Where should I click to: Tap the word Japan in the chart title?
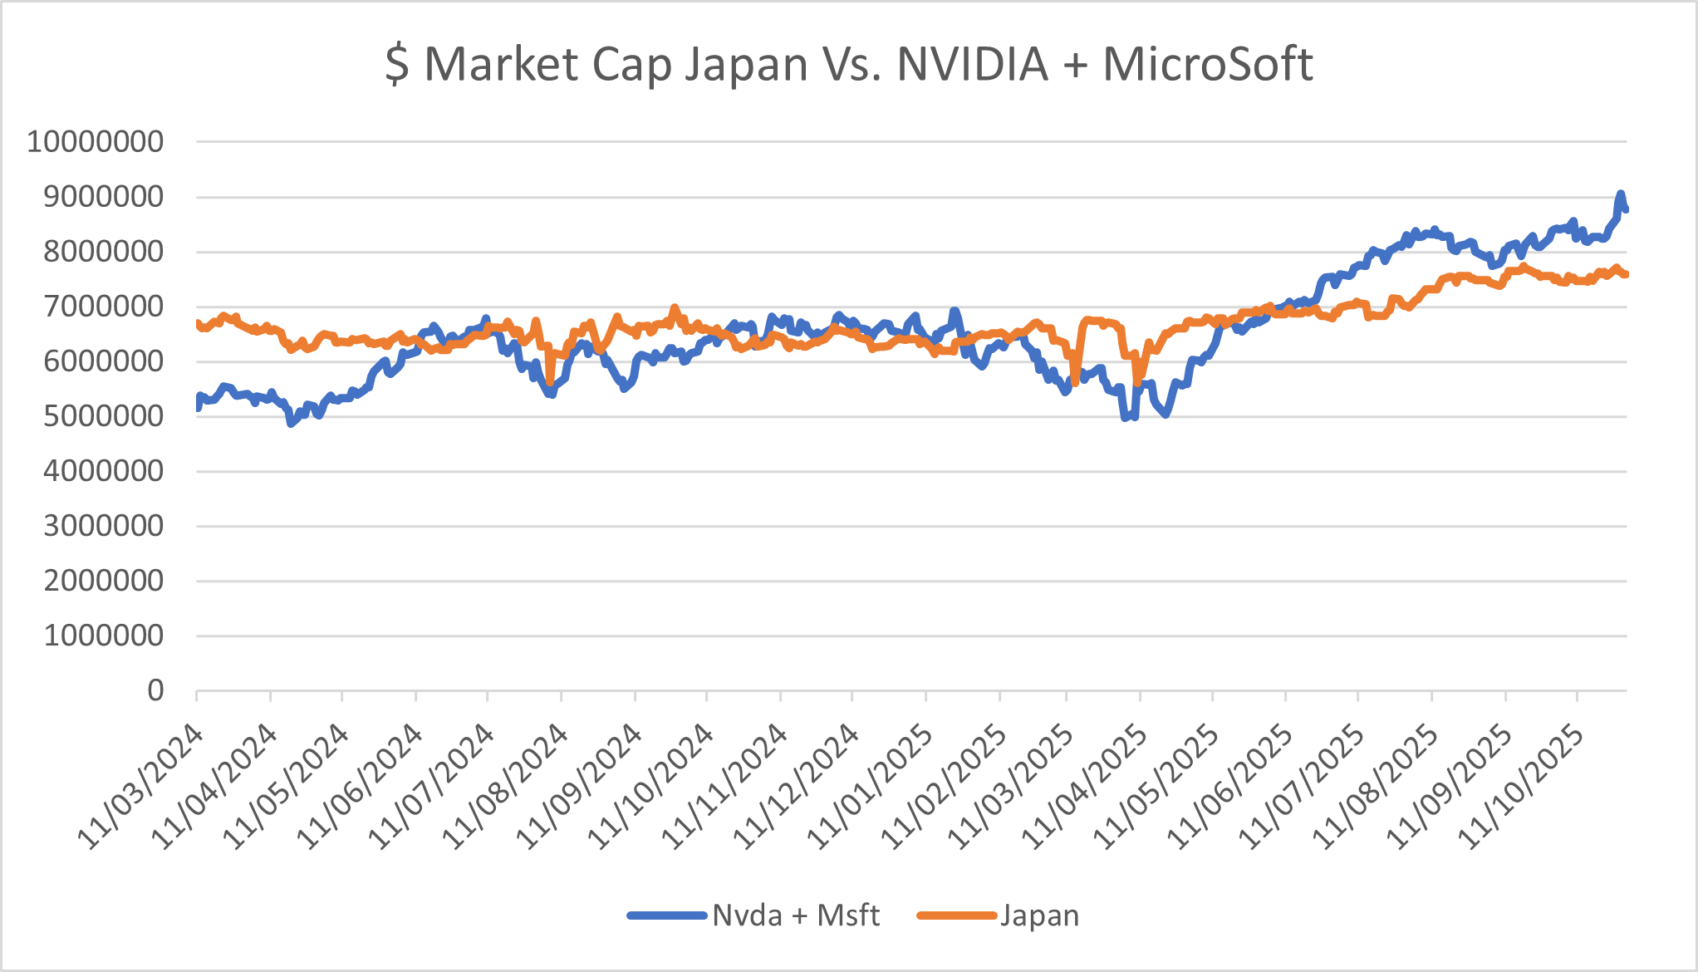(x=745, y=64)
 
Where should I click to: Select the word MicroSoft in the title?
(x=1207, y=64)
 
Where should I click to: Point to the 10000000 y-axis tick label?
(x=96, y=142)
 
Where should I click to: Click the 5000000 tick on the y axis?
(x=103, y=416)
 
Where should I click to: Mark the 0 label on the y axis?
(x=155, y=690)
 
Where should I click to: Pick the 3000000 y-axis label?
(x=103, y=526)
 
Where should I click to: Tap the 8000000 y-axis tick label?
(x=103, y=252)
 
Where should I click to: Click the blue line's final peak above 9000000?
(x=1620, y=194)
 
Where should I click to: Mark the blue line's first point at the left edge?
(x=198, y=405)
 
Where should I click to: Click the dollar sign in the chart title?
(x=397, y=64)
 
